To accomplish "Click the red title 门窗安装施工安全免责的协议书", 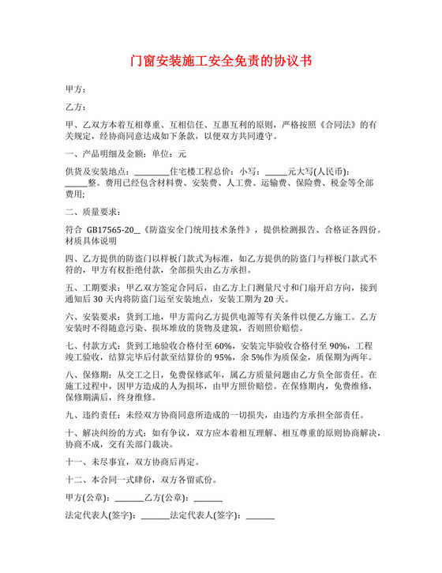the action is (221, 62).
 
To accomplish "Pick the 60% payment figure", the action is (223, 345).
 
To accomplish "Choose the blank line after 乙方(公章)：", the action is (208, 499).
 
